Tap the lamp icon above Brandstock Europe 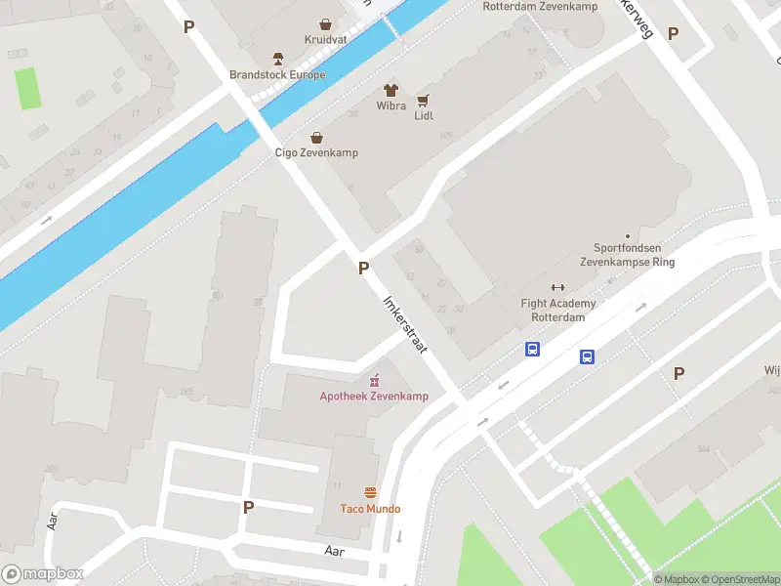click(x=277, y=57)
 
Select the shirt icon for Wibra click(x=391, y=89)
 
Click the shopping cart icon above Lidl click(x=423, y=100)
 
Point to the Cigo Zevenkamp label click(x=315, y=153)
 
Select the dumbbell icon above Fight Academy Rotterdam click(x=558, y=287)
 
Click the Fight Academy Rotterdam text click(x=558, y=311)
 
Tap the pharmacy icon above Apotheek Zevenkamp click(x=373, y=379)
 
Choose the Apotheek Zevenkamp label click(x=360, y=396)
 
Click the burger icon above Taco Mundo click(x=370, y=491)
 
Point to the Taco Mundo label click(x=370, y=509)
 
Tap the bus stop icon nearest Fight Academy click(x=533, y=349)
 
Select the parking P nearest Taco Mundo click(x=248, y=506)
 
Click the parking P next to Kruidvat click(x=188, y=27)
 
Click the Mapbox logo click(x=43, y=574)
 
